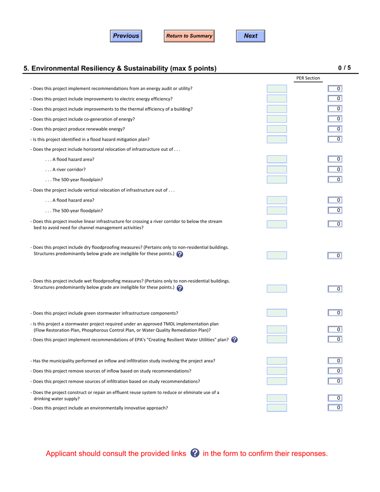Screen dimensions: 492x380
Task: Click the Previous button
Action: [x=126, y=36]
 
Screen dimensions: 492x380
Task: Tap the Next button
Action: [x=250, y=36]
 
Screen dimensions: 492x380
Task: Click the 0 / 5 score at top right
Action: [x=344, y=68]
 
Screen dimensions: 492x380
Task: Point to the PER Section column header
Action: [x=308, y=78]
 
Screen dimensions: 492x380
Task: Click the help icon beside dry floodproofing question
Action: [x=180, y=254]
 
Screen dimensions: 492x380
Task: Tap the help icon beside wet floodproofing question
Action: [x=180, y=288]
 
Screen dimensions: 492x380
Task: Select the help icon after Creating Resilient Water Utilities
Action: [x=234, y=340]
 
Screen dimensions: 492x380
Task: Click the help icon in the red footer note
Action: [x=195, y=453]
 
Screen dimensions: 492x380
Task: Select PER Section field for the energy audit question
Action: [x=277, y=89]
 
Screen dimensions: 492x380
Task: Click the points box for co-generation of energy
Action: [x=335, y=119]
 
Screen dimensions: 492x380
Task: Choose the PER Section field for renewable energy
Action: [x=277, y=129]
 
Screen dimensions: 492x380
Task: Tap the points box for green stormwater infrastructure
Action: [x=335, y=313]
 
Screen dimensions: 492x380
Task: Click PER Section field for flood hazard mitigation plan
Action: [x=277, y=139]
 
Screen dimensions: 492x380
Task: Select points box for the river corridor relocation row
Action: [x=335, y=170]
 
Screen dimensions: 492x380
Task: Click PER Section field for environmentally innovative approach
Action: [x=277, y=408]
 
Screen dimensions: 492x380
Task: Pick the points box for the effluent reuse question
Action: [x=335, y=398]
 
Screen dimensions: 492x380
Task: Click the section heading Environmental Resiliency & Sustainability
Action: [x=120, y=68]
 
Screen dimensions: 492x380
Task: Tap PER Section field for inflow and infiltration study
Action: [x=277, y=361]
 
